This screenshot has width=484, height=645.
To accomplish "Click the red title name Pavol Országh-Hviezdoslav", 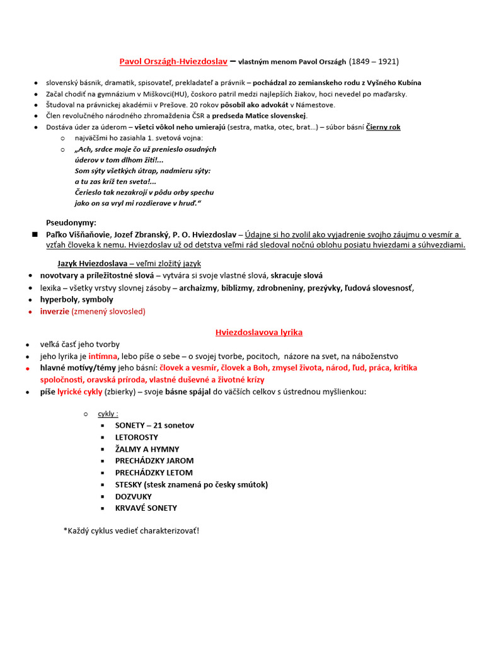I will click(x=173, y=62).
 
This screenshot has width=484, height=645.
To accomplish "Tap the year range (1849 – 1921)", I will click(x=374, y=62).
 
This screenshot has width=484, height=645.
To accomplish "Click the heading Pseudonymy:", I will click(x=71, y=222).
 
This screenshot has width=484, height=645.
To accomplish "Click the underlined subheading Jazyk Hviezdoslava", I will click(x=92, y=263).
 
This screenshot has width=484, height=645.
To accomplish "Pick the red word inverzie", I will click(x=54, y=311).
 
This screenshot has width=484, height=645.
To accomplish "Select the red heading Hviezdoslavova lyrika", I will click(x=259, y=332).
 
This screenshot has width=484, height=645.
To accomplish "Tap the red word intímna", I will click(x=103, y=356).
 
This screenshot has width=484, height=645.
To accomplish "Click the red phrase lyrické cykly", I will click(x=79, y=392).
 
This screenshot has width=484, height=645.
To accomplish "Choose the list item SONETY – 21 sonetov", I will click(x=154, y=425).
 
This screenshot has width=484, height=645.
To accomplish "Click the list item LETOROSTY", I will click(x=137, y=437).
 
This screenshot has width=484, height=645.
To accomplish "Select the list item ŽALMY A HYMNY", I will click(x=147, y=449).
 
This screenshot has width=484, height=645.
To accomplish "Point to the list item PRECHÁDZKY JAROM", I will click(x=154, y=460).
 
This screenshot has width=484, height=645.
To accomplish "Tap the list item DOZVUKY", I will click(x=133, y=496).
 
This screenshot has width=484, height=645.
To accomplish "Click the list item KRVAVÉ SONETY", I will click(x=146, y=508).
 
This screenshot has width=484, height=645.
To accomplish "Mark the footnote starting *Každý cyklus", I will click(x=131, y=530).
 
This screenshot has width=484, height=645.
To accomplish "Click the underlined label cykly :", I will click(x=108, y=414).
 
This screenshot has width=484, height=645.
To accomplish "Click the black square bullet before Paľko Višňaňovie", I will click(x=35, y=234).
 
